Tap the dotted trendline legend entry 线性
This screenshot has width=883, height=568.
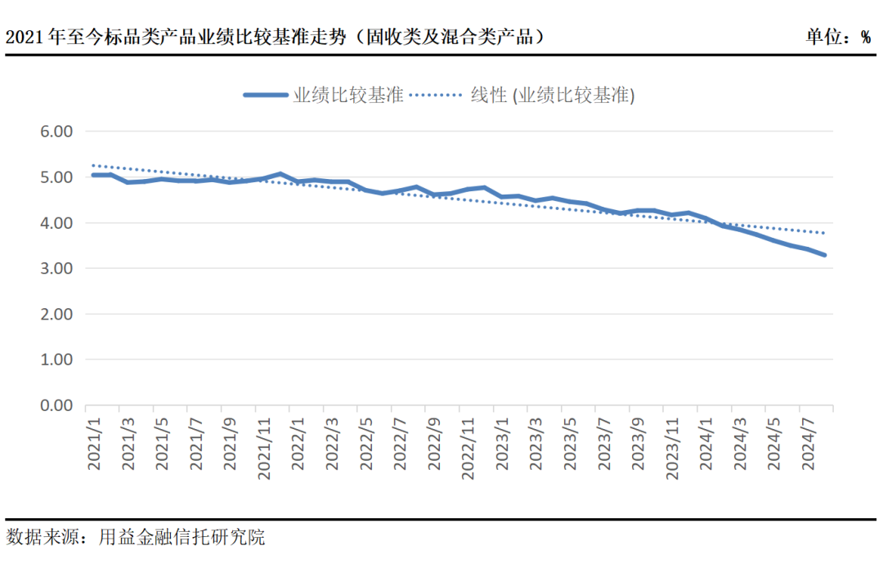coord(552,95)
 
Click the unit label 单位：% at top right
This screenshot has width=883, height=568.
coord(838,38)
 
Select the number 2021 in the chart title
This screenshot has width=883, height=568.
coord(25,38)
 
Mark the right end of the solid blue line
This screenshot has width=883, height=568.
coord(824,255)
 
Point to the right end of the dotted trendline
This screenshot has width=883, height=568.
coord(824,233)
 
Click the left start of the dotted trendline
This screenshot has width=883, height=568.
coord(93,165)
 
